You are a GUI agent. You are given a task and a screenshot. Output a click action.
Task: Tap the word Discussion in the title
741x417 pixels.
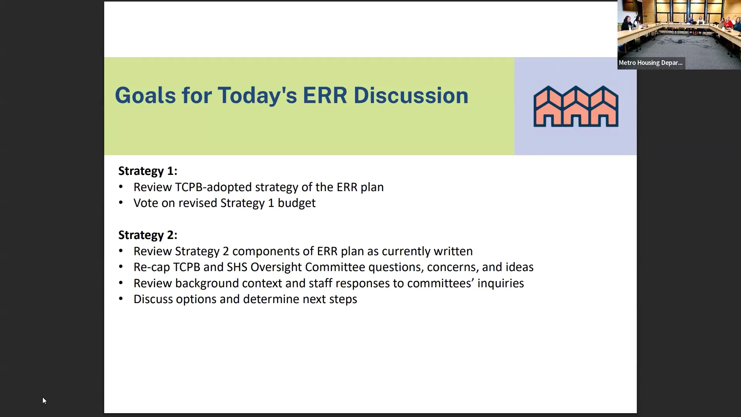pyautogui.click(x=411, y=95)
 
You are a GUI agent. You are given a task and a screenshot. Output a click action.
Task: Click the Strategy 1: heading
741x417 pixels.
pyautogui.click(x=148, y=171)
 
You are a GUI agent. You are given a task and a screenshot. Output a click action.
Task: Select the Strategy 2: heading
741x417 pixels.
pyautogui.click(x=148, y=235)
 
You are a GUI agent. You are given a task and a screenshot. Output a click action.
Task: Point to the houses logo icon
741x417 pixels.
pyautogui.click(x=576, y=106)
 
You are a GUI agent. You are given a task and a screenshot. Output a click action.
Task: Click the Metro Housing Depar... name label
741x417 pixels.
pyautogui.click(x=651, y=63)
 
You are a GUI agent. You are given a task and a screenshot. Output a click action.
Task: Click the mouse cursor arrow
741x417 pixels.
pyautogui.click(x=44, y=400)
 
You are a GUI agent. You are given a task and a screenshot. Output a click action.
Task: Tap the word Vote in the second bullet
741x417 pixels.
pyautogui.click(x=145, y=203)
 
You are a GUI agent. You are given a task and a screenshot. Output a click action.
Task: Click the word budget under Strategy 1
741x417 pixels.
pyautogui.click(x=296, y=203)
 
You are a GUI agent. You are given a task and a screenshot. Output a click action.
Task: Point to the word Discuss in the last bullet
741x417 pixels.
pyautogui.click(x=153, y=299)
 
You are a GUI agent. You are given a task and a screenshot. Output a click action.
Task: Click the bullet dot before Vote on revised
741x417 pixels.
pyautogui.click(x=121, y=203)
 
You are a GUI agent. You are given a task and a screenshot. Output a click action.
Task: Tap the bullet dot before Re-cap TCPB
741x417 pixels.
pyautogui.click(x=121, y=267)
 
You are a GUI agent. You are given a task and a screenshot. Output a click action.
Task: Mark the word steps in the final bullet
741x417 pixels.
pyautogui.click(x=343, y=300)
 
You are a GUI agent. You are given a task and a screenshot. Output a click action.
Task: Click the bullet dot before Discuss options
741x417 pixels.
pyautogui.click(x=121, y=299)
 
